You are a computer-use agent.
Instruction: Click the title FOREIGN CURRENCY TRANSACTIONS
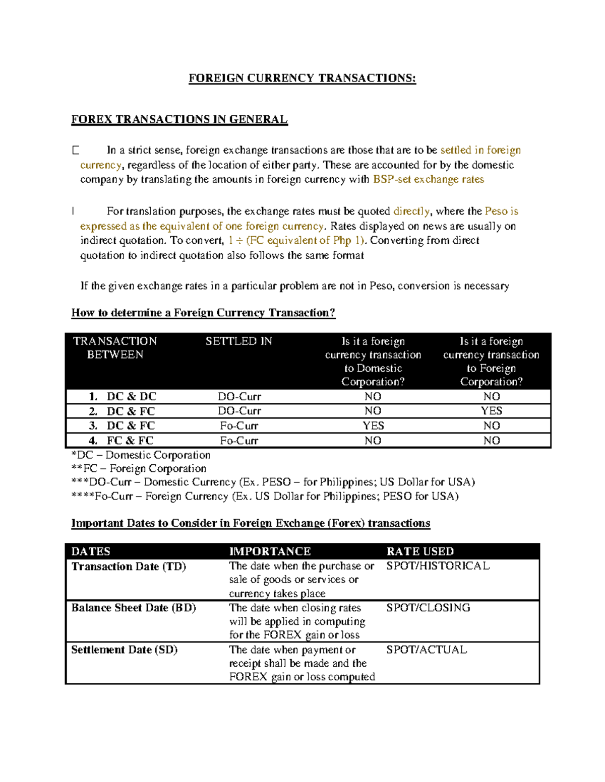pyautogui.click(x=302, y=78)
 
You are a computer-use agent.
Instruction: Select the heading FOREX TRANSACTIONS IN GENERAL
pyautogui.click(x=179, y=119)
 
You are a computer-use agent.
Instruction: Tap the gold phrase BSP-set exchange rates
pyautogui.click(x=428, y=179)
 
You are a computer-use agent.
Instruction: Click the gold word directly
pyautogui.click(x=411, y=211)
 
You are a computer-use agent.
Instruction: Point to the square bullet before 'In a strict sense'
pyautogui.click(x=76, y=150)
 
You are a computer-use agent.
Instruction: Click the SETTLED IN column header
pyautogui.click(x=238, y=341)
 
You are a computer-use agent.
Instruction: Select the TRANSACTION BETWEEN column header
pyautogui.click(x=115, y=347)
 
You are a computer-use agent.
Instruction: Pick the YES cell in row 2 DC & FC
pyautogui.click(x=491, y=411)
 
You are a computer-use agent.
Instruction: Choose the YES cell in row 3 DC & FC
pyautogui.click(x=373, y=425)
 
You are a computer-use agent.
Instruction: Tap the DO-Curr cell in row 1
pyautogui.click(x=239, y=396)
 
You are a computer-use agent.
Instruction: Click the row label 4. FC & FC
pyautogui.click(x=122, y=441)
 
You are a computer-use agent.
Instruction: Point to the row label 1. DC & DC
pyautogui.click(x=123, y=396)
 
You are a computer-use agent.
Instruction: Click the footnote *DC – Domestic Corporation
pyautogui.click(x=141, y=455)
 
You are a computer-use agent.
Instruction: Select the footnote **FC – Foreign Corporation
pyautogui.click(x=139, y=469)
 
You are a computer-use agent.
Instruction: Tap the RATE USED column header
pyautogui.click(x=420, y=551)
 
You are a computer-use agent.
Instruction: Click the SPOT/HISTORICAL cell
pyautogui.click(x=438, y=566)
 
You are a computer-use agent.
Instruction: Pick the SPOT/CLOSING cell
pyautogui.click(x=428, y=608)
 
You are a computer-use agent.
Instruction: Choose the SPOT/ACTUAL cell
pyautogui.click(x=427, y=650)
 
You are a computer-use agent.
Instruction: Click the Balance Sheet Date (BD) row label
pyautogui.click(x=134, y=608)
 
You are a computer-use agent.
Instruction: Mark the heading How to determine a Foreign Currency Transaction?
pyautogui.click(x=203, y=313)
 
